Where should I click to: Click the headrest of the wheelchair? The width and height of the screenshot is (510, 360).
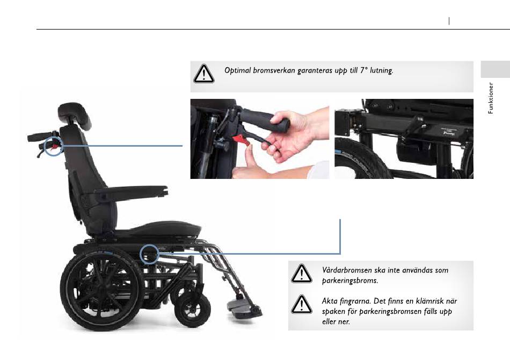coord(75,114)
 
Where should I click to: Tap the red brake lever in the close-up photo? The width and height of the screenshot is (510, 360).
coord(242,140)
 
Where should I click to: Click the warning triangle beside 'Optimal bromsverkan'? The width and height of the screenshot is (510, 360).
coord(204,74)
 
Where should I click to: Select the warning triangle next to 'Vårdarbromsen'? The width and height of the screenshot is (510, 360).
coord(302,273)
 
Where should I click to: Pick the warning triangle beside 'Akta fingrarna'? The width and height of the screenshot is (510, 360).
coord(302,305)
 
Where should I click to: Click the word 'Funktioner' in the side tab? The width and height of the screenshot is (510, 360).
coord(491,98)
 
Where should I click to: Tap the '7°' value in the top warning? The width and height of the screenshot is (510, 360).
coord(363,70)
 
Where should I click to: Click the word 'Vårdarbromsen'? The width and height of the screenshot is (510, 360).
coord(347,270)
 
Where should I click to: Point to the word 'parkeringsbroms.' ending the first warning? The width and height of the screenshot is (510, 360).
coord(350,281)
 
